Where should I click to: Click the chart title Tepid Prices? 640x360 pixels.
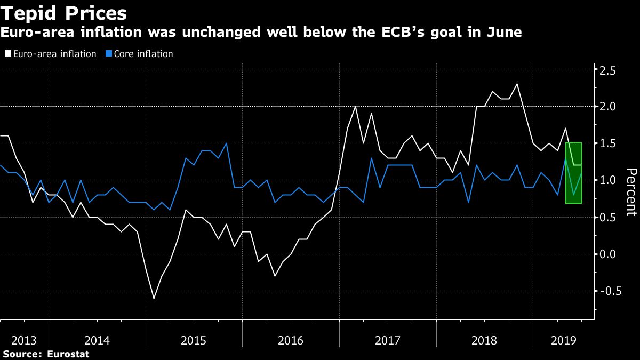point(64,13)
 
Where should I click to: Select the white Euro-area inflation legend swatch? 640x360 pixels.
point(7,54)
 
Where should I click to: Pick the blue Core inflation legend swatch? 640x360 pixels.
point(109,54)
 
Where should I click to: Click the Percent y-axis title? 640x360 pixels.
point(631,191)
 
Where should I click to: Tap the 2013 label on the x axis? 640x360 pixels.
point(24,340)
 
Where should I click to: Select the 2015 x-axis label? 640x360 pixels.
point(194,340)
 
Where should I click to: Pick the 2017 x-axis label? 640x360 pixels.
point(388,340)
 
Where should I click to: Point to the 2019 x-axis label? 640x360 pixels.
point(560,340)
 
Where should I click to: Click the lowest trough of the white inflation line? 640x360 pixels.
point(154,298)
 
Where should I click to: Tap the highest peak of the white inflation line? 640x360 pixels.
point(517,84)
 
